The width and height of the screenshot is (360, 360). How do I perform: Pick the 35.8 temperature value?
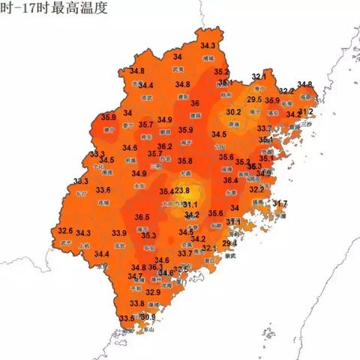click(184, 161)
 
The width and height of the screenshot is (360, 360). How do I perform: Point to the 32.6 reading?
click(65, 231)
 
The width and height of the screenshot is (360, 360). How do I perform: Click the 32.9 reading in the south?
click(153, 292)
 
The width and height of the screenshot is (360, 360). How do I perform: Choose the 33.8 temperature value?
click(136, 303)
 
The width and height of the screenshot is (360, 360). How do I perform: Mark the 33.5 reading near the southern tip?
click(126, 319)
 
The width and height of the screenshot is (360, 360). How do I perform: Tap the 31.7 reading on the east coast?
click(279, 204)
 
